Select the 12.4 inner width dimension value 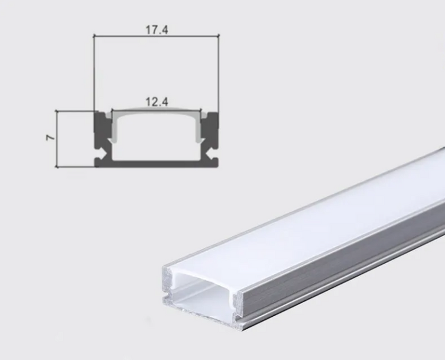[157, 102]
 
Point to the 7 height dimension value [50, 137]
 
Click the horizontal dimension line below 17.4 [157, 37]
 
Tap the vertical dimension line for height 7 [57, 138]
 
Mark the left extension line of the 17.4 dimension [95, 71]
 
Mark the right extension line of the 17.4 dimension [219, 71]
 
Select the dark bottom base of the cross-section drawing [157, 163]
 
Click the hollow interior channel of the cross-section [157, 142]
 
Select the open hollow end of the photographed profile [204, 296]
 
